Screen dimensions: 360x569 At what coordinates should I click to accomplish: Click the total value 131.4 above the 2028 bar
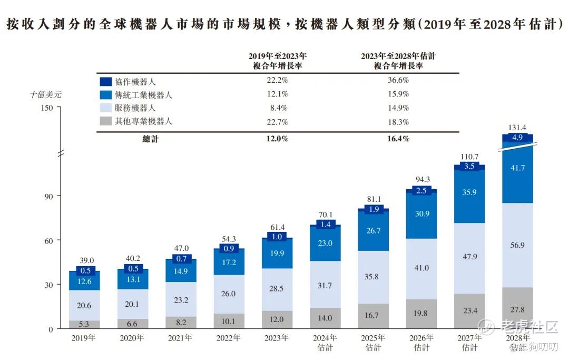[517, 127]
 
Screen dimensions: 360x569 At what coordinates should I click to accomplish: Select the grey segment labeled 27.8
[517, 309]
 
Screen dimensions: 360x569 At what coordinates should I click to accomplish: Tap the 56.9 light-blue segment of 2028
[517, 245]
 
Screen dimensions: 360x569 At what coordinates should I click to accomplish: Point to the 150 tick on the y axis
[47, 108]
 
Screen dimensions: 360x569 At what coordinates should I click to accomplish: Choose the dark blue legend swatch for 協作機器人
[105, 82]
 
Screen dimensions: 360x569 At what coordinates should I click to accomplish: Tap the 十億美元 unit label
[46, 95]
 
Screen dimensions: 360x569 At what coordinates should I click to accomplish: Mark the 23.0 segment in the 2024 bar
[325, 243]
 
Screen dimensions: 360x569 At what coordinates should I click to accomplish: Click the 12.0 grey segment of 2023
[277, 319]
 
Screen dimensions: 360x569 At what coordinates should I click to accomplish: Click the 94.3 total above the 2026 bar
[421, 179]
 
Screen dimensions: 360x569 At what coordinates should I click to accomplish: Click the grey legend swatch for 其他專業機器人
[105, 122]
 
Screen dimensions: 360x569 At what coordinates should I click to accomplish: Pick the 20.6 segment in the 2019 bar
[84, 305]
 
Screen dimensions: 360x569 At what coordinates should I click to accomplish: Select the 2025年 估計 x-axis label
[373, 342]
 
